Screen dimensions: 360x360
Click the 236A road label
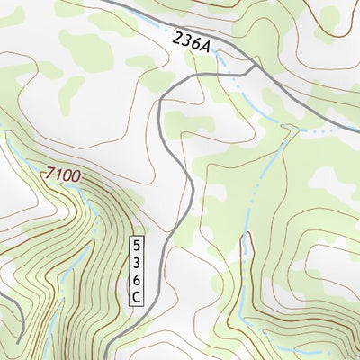(191, 43)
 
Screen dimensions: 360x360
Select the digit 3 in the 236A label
(186, 40)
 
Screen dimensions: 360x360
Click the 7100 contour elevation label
(62, 173)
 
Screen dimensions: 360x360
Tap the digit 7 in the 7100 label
(48, 169)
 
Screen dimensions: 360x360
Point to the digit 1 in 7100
(57, 172)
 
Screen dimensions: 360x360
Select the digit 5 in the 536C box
(137, 244)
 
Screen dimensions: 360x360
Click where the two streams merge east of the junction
(297, 129)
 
